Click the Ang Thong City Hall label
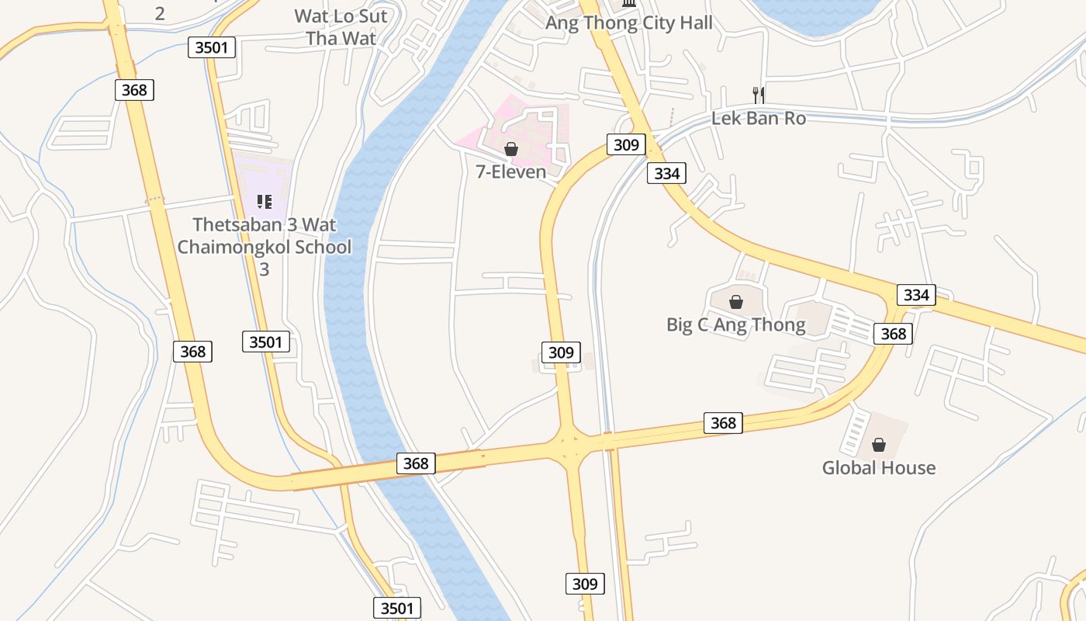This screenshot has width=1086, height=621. click(628, 23)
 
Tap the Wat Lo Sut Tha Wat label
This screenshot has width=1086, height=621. click(341, 27)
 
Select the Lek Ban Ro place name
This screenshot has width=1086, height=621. click(758, 119)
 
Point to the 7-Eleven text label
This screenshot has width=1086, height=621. click(510, 172)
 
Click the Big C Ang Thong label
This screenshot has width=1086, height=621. click(735, 324)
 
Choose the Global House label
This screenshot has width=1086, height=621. click(878, 467)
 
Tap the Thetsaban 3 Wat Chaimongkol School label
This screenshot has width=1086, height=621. click(264, 247)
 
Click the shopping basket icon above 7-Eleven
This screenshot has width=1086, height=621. click(510, 149)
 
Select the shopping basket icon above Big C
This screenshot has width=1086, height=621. click(735, 302)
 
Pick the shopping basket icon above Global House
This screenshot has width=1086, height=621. click(878, 445)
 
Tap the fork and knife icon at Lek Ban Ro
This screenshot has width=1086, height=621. click(759, 95)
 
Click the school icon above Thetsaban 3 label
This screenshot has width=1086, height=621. click(264, 203)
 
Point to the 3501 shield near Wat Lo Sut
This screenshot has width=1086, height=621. click(211, 47)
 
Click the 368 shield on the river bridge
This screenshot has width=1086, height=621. click(416, 463)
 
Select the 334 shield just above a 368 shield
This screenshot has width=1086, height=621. click(916, 295)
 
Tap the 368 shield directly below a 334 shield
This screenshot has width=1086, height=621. click(894, 333)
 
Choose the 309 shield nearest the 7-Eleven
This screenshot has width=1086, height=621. click(625, 144)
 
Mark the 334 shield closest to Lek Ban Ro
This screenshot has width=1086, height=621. click(666, 174)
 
